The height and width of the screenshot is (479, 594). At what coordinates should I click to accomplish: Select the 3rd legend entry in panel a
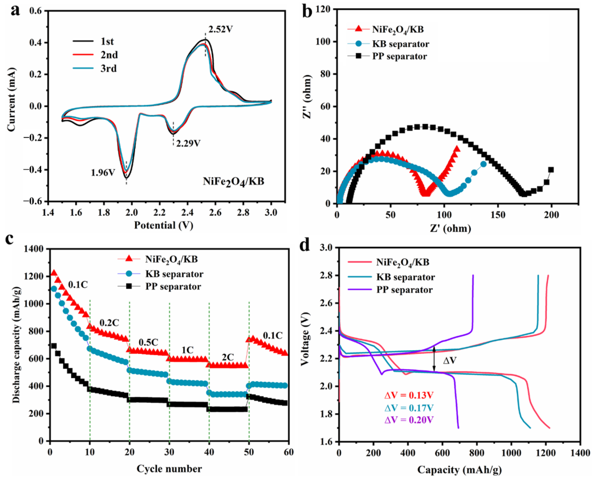pyautogui.click(x=109, y=68)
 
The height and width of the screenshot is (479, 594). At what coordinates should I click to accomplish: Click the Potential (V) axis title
pyautogui.click(x=164, y=225)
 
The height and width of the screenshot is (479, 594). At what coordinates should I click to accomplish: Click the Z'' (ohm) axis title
pyautogui.click(x=307, y=96)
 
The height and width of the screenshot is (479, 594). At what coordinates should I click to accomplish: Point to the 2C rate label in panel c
pyautogui.click(x=228, y=357)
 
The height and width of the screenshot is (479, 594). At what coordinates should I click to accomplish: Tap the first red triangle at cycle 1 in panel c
pyautogui.click(x=54, y=273)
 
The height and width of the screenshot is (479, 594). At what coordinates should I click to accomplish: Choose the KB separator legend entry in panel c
pyautogui.click(x=174, y=274)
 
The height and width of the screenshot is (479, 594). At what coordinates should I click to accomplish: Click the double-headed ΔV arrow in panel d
pyautogui.click(x=434, y=359)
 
